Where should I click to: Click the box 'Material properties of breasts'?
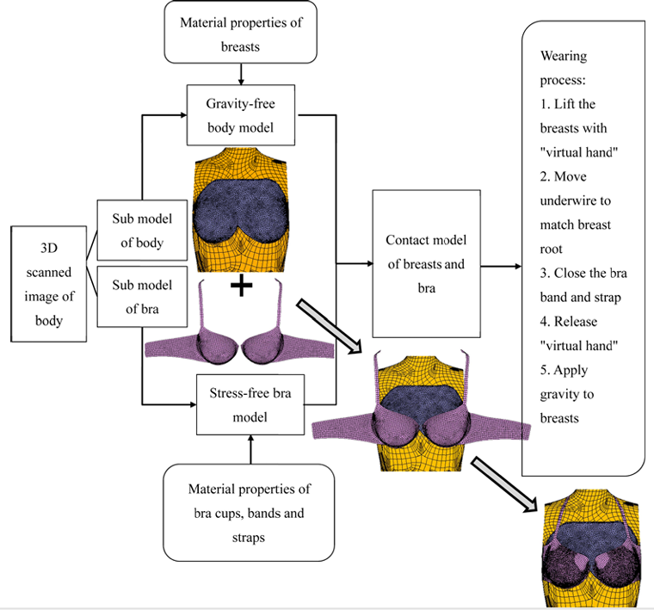point(240,32)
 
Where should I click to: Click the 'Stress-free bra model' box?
point(251,404)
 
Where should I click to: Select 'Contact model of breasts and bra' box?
point(425,263)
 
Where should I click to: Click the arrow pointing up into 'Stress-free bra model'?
point(251,448)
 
